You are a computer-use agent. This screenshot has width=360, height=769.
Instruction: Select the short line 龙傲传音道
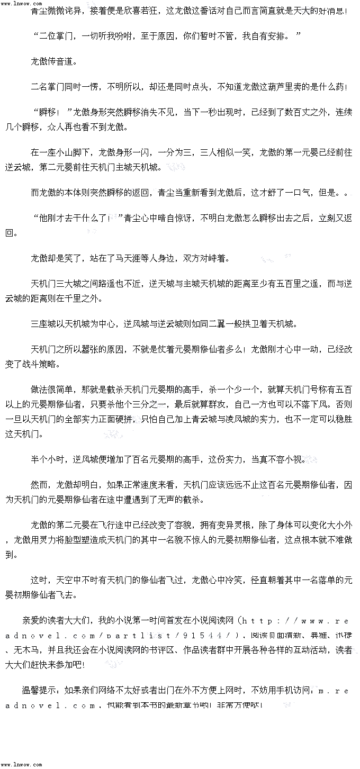click(x=53, y=61)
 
